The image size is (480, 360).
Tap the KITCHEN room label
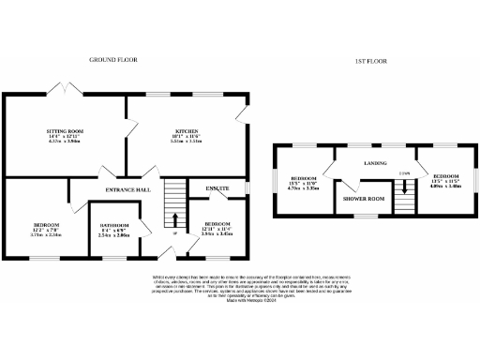(x=181, y=133)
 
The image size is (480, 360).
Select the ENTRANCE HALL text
(x=128, y=190)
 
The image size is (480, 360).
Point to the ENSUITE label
(x=217, y=188)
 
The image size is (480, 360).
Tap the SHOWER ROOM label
(x=363, y=199)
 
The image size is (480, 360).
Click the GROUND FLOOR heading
(x=114, y=59)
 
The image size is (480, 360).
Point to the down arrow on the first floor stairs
(x=404, y=187)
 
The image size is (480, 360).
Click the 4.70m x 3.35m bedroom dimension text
(x=304, y=187)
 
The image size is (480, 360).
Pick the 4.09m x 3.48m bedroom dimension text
(x=444, y=187)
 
